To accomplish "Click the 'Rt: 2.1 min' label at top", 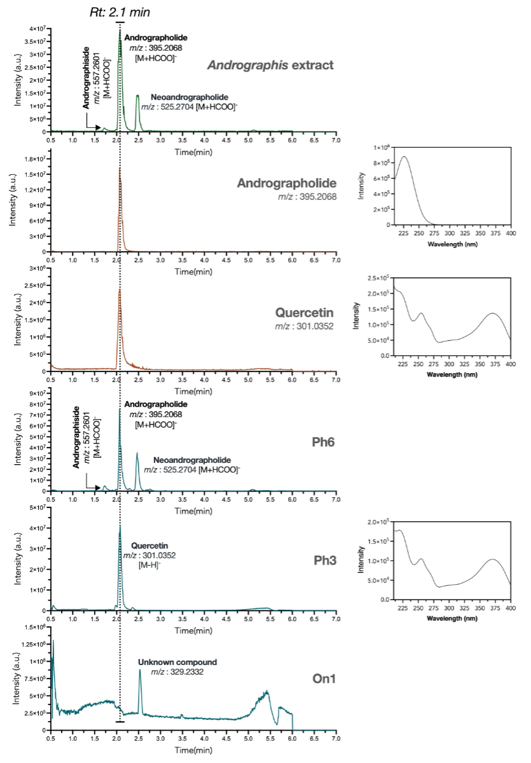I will point(120,11).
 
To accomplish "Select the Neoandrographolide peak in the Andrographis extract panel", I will point(137,97).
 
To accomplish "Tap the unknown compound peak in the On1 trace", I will point(140,670).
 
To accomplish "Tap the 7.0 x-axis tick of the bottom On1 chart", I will point(336,740).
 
